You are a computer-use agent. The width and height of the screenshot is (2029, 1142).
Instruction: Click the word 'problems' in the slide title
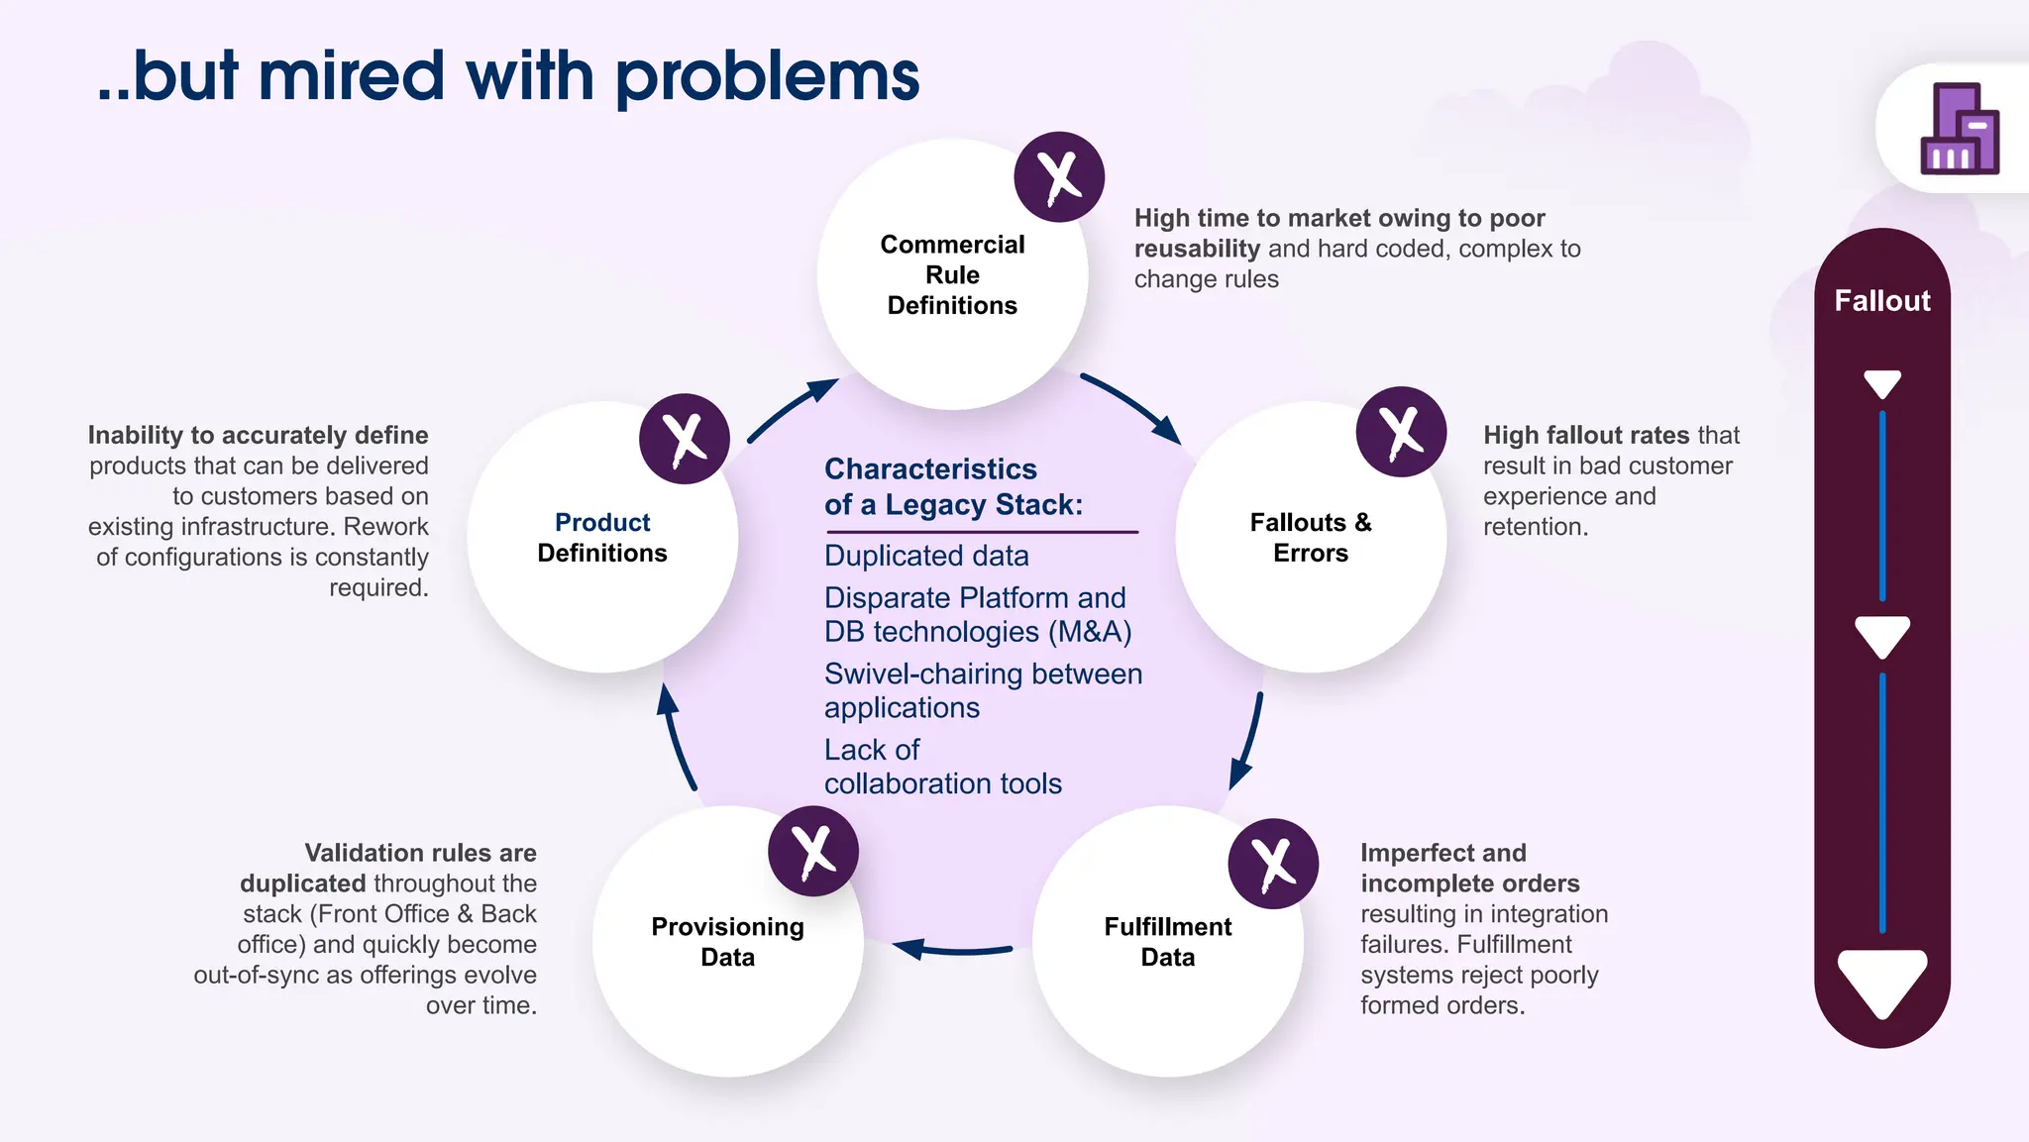coord(767,77)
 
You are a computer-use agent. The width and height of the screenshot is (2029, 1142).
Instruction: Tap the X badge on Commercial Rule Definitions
coord(1059,177)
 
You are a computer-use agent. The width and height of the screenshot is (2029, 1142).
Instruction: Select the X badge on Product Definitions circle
coord(685,439)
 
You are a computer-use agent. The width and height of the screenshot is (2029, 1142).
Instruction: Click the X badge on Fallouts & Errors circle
coord(1401,432)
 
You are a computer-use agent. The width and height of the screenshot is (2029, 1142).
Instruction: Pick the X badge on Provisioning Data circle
coord(812,851)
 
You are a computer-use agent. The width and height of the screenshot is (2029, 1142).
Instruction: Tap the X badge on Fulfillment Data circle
coord(1273,863)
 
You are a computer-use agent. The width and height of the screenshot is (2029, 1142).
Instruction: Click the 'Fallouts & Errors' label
coord(1310,537)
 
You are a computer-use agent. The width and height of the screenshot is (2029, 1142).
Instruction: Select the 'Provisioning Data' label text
coord(727,941)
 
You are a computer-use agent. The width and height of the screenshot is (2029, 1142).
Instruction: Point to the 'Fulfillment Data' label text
coord(1167,941)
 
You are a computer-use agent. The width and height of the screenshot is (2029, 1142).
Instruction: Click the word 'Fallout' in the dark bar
coord(1881,300)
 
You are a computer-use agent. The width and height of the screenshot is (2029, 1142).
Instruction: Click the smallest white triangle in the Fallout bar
coord(1881,383)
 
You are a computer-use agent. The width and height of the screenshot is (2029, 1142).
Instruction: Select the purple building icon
coord(1959,129)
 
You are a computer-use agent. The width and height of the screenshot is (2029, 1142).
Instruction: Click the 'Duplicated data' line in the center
coord(926,556)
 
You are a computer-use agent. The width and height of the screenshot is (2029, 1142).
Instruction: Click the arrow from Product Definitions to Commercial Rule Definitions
coord(791,407)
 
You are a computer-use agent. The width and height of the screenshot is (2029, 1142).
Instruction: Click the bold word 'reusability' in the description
coord(1197,249)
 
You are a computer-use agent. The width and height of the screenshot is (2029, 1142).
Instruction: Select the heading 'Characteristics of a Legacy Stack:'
coord(953,486)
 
